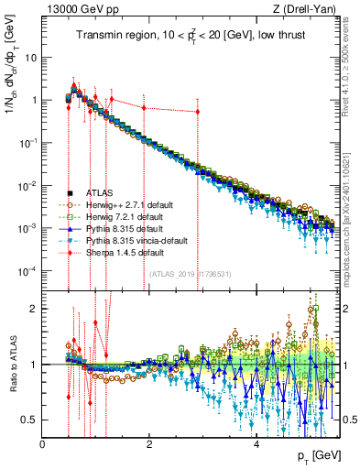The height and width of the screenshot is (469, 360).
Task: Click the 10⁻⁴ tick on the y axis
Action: [x=28, y=270]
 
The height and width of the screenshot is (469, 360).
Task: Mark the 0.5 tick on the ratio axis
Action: [x=30, y=420]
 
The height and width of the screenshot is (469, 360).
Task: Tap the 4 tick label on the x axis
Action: [x=256, y=443]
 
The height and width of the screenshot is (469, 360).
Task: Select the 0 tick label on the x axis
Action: [x=42, y=443]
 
